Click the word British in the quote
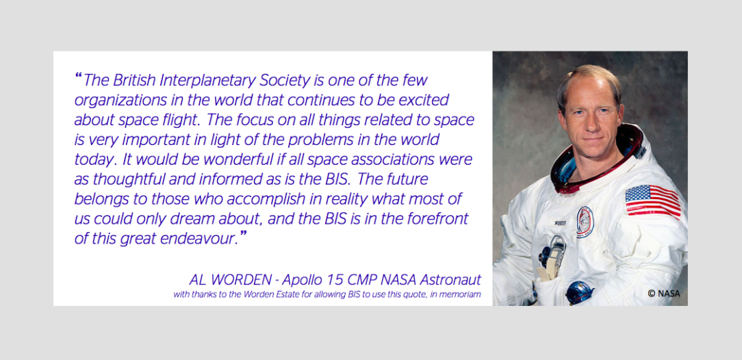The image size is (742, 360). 134,81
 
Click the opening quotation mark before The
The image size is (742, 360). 79,77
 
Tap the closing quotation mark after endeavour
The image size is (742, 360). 244,235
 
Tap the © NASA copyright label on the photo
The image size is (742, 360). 664,294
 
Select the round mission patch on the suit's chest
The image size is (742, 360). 585,222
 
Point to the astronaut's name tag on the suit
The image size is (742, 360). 561,221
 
